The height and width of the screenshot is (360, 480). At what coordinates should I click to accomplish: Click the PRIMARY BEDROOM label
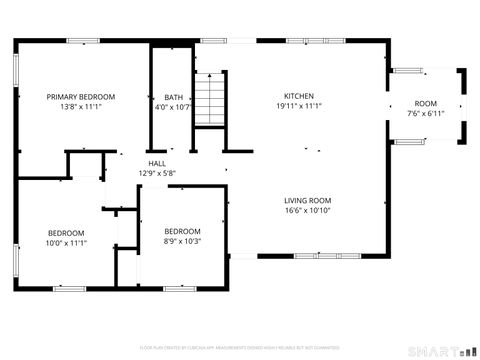click(81, 97)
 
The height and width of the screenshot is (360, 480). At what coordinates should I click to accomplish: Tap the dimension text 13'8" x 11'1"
click(81, 107)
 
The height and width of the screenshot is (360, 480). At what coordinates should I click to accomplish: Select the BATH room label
click(173, 97)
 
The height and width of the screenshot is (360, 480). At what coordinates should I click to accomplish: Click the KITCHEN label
click(299, 95)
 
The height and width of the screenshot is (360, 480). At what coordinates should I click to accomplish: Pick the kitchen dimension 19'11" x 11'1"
click(299, 105)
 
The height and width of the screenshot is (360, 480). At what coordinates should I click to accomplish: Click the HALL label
click(157, 163)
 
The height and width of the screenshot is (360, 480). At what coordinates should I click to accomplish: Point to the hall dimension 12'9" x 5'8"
click(157, 173)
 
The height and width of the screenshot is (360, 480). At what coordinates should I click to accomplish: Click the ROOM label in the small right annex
click(426, 104)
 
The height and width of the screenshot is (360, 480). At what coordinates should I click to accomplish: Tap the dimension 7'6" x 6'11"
click(426, 114)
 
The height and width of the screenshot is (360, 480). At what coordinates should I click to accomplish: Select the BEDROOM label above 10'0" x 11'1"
click(67, 232)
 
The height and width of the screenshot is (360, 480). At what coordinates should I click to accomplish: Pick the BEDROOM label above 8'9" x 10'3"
click(182, 231)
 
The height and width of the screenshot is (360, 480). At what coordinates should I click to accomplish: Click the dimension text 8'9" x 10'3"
click(182, 241)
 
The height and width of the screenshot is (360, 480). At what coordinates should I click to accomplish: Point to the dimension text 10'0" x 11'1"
click(67, 242)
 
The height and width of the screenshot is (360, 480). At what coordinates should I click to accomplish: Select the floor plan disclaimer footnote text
click(240, 347)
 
